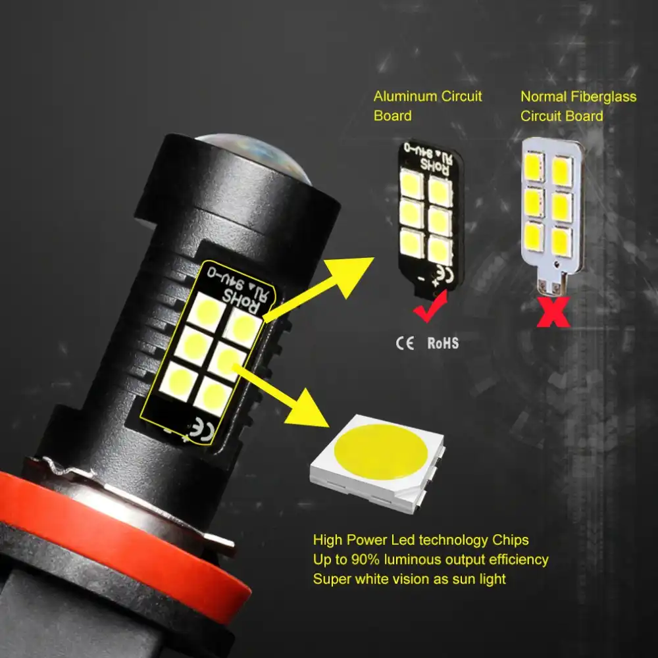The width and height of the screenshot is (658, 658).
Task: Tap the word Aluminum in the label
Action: [x=402, y=96]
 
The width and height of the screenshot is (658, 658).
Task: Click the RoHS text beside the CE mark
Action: [x=443, y=343]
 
